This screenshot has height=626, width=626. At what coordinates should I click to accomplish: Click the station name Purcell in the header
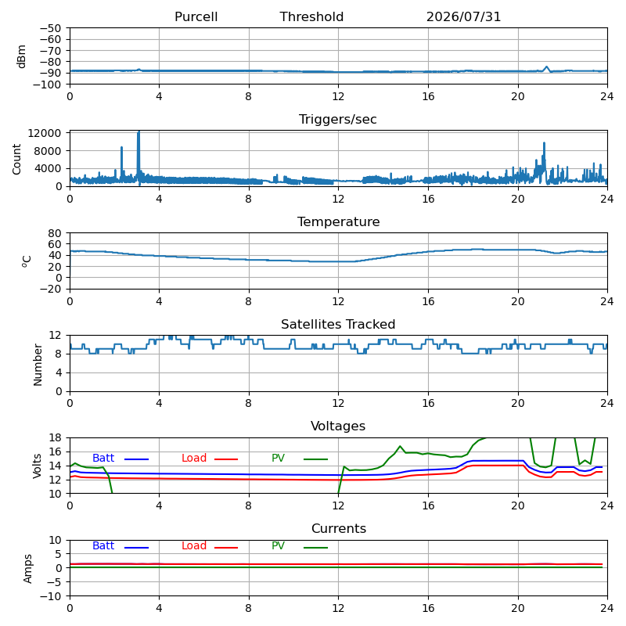(196, 16)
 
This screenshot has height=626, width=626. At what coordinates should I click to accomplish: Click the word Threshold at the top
(311, 16)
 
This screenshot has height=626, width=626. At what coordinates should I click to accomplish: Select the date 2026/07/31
(463, 16)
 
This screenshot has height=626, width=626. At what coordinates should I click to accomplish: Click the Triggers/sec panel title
(338, 120)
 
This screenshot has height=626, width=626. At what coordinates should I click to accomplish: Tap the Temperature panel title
(339, 221)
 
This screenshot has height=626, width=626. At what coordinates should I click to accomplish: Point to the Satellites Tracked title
(338, 324)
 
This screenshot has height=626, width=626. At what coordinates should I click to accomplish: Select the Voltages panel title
(338, 426)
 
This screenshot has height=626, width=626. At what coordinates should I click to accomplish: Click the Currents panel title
(339, 529)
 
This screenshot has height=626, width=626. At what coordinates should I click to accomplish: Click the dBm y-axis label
(21, 56)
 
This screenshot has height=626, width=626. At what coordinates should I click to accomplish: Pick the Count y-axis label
(16, 160)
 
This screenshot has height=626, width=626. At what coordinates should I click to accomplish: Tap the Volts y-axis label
(37, 466)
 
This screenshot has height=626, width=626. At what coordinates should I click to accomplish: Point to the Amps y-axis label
(27, 569)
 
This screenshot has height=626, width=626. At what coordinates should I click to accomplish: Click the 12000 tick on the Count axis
(45, 133)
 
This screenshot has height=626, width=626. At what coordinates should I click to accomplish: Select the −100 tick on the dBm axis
(47, 85)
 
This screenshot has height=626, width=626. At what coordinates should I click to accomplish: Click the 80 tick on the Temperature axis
(55, 233)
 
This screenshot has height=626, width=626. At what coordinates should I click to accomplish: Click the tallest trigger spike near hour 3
(139, 131)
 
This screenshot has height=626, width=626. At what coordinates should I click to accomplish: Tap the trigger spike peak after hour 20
(544, 143)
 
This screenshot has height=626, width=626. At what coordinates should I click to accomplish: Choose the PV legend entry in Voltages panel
(300, 459)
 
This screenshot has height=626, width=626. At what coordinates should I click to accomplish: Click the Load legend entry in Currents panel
(210, 546)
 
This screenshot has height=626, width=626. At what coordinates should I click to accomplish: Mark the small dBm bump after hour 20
(546, 67)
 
